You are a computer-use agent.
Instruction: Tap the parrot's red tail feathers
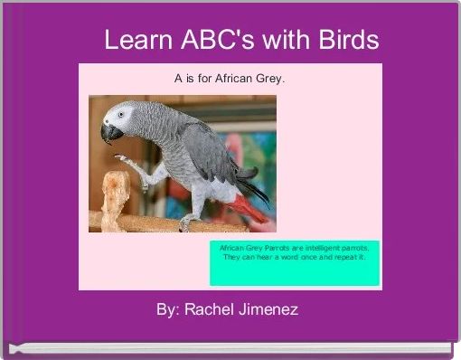[x=246, y=207]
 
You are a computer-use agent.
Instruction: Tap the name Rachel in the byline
[x=209, y=309]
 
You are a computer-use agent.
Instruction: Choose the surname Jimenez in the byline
[x=268, y=309]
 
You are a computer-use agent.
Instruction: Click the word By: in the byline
[x=167, y=309]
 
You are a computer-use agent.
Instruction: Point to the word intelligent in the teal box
[x=322, y=246]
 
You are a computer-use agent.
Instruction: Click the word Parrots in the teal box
[x=272, y=246]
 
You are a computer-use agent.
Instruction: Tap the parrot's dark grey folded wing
[x=203, y=149]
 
